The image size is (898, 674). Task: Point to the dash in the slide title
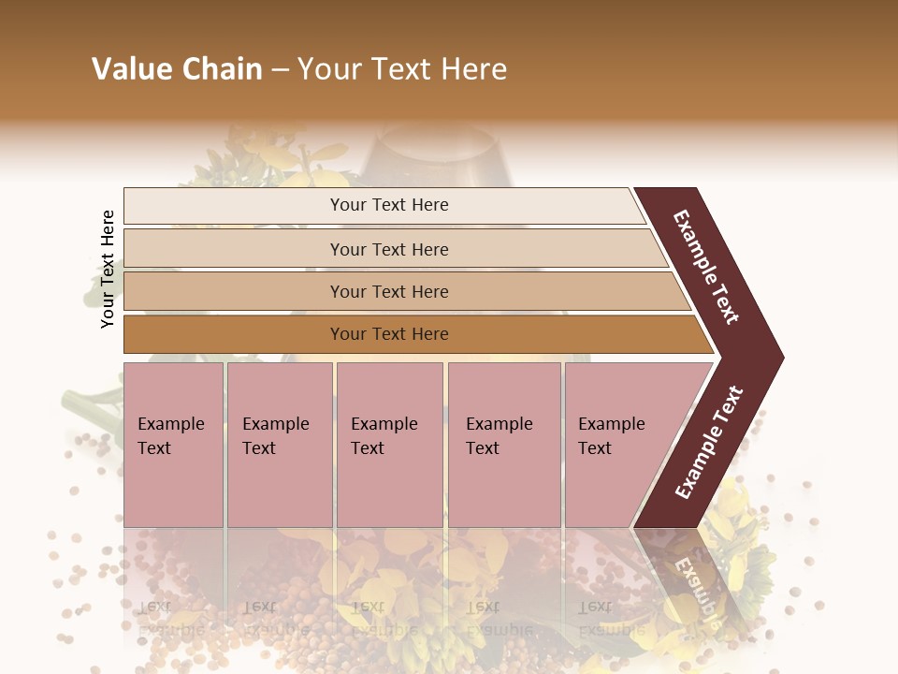click(280, 70)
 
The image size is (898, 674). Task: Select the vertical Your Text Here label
click(108, 269)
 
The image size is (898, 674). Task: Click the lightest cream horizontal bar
click(234, 206)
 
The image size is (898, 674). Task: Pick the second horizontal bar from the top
click(234, 249)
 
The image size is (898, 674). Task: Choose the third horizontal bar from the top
click(234, 291)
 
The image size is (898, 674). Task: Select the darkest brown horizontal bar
click(234, 334)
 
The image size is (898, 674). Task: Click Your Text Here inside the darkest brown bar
click(389, 334)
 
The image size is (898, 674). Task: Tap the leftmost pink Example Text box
click(173, 445)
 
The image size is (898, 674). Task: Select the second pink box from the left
click(280, 445)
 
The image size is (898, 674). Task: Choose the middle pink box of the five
click(389, 445)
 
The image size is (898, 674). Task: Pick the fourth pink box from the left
click(504, 445)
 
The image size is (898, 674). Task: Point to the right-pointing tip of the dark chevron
click(778, 357)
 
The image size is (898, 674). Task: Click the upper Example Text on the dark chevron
click(707, 267)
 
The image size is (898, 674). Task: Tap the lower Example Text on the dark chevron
click(709, 442)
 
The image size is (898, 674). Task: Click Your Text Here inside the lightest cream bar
click(389, 205)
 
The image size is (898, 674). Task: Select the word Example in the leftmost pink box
click(170, 424)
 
